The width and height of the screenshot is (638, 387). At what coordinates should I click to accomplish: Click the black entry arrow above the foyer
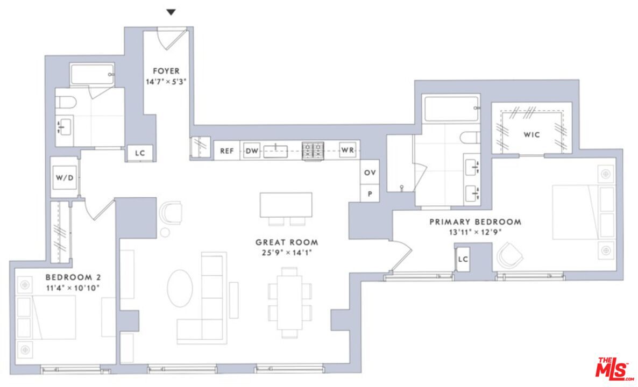pyautogui.click(x=171, y=12)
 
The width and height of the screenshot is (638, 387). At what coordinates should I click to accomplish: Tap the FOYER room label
pyautogui.click(x=166, y=71)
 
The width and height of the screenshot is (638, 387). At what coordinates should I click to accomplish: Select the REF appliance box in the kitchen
pyautogui.click(x=226, y=151)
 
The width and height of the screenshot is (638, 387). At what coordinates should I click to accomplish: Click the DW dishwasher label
pyautogui.click(x=252, y=151)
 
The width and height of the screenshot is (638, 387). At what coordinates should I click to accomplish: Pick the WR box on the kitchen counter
pyautogui.click(x=348, y=151)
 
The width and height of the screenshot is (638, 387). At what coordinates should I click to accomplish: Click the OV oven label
pyautogui.click(x=370, y=173)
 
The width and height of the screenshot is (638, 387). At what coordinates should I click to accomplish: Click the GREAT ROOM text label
pyautogui.click(x=287, y=242)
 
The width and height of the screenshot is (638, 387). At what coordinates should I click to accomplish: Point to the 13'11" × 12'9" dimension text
pyautogui.click(x=475, y=232)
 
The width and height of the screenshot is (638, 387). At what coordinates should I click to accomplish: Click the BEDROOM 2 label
pyautogui.click(x=73, y=278)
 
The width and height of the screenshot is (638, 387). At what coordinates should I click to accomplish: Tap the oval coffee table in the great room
pyautogui.click(x=180, y=288)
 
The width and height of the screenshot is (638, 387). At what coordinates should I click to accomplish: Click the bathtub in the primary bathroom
pyautogui.click(x=451, y=110)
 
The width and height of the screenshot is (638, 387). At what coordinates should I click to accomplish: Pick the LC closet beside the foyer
pyautogui.click(x=140, y=153)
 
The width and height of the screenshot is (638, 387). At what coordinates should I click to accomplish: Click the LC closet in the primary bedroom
pyautogui.click(x=463, y=260)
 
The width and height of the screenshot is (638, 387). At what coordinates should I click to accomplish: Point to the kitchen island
pyautogui.click(x=286, y=204)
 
